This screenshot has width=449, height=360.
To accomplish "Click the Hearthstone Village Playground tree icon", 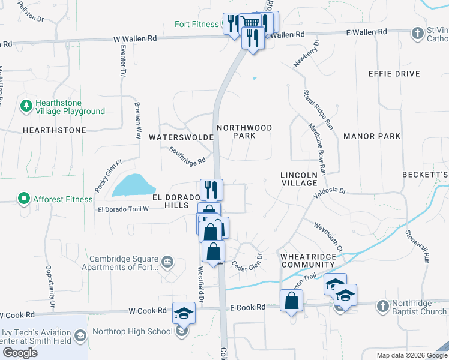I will [x=26, y=106].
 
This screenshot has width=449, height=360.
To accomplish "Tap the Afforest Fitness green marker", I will [x=23, y=198].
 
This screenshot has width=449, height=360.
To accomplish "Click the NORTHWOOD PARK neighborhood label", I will [x=244, y=131].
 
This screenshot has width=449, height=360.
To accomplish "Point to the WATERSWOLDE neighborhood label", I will [x=181, y=137].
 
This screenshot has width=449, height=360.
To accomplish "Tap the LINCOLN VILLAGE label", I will [x=298, y=179].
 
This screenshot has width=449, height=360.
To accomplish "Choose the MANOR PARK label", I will [x=372, y=136].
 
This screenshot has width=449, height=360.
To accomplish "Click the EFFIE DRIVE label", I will [x=394, y=74].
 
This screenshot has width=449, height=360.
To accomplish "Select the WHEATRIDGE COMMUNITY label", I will [x=308, y=260].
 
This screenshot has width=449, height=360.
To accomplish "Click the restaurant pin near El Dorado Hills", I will [x=211, y=189].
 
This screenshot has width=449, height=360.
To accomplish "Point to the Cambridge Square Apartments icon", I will [x=167, y=261].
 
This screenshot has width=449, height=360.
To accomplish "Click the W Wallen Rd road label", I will [x=135, y=38].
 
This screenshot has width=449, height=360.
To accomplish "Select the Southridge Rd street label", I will [x=187, y=155].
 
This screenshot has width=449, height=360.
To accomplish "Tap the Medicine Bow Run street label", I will [x=317, y=149].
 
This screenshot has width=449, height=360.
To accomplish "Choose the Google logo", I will [x=20, y=353].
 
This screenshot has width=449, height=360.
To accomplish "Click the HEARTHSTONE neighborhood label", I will [x=54, y=130].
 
